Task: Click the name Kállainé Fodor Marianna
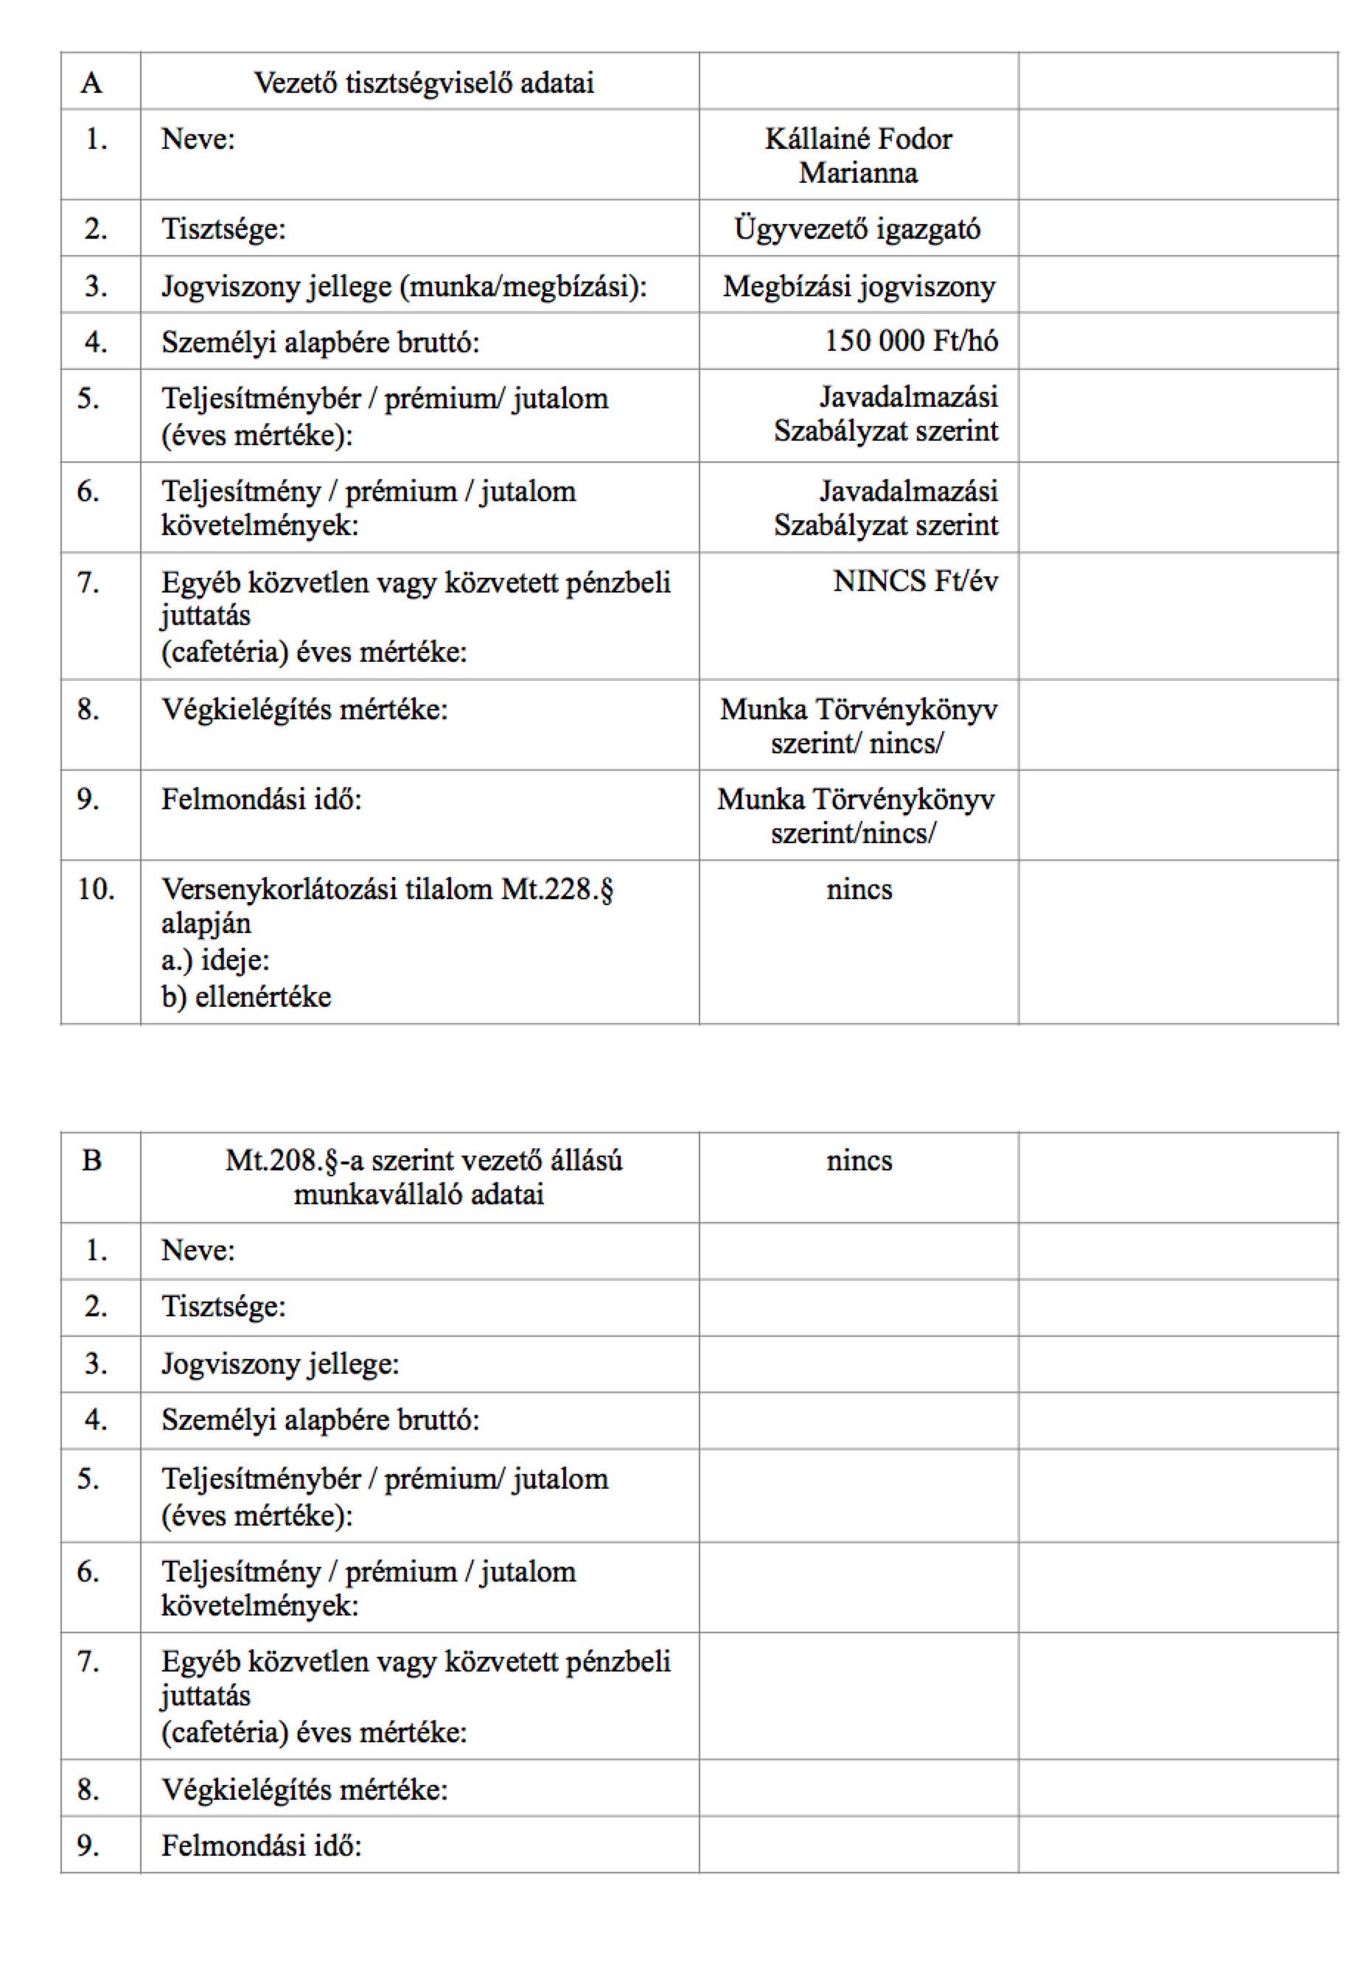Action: click(x=858, y=156)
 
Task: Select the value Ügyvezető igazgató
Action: click(x=857, y=229)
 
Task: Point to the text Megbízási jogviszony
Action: click(x=858, y=286)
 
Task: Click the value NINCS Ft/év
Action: click(x=915, y=581)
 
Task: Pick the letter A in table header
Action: click(x=91, y=83)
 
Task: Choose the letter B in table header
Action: click(x=91, y=1160)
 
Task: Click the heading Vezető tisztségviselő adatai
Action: click(x=424, y=83)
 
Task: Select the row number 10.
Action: click(x=95, y=889)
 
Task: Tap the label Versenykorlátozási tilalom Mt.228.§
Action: click(x=386, y=889)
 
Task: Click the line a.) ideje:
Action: click(x=214, y=960)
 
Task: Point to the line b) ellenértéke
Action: click(x=245, y=996)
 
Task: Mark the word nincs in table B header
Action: click(x=858, y=1160)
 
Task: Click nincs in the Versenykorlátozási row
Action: click(x=858, y=889)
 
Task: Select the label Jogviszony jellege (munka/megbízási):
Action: click(x=404, y=286)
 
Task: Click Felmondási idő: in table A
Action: click(x=261, y=800)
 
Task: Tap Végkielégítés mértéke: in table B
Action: click(x=304, y=1789)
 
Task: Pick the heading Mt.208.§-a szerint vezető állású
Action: click(x=424, y=1160)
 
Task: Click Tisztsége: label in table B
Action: click(x=223, y=1307)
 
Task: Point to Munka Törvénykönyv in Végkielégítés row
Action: click(x=858, y=710)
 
